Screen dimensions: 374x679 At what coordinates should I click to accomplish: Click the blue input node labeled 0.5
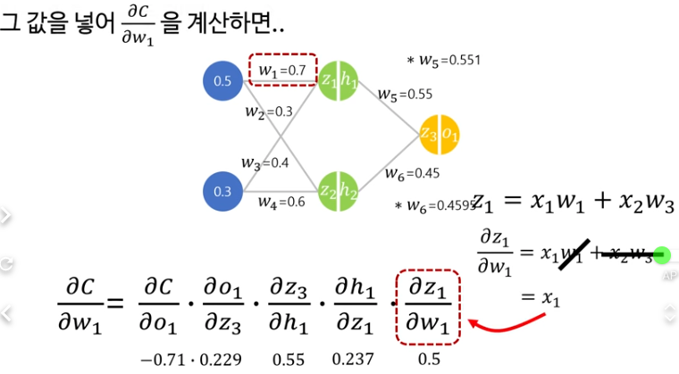pyautogui.click(x=222, y=81)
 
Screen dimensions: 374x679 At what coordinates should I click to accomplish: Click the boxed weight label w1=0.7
pyautogui.click(x=281, y=69)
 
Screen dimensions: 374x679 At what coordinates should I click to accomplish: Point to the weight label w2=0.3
pyautogui.click(x=269, y=112)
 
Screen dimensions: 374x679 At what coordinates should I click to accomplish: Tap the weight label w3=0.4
pyautogui.click(x=264, y=162)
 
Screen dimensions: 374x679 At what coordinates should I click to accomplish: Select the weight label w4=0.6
pyautogui.click(x=281, y=203)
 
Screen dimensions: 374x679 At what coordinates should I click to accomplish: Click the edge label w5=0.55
pyautogui.click(x=406, y=93)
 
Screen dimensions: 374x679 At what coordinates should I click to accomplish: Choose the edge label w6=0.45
pyautogui.click(x=411, y=173)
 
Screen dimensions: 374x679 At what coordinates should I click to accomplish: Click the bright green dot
pyautogui.click(x=662, y=255)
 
